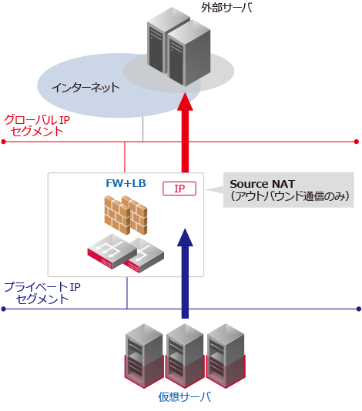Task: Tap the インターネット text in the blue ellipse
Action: tap(85, 87)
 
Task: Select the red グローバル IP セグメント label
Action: tap(37, 125)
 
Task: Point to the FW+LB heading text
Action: tap(126, 184)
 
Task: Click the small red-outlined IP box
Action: tap(179, 189)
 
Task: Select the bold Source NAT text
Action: tap(262, 184)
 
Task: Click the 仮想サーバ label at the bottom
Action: tap(184, 397)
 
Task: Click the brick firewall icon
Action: tap(126, 215)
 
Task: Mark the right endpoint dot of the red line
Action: tap(357, 142)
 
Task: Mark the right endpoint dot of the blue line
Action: tap(357, 309)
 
